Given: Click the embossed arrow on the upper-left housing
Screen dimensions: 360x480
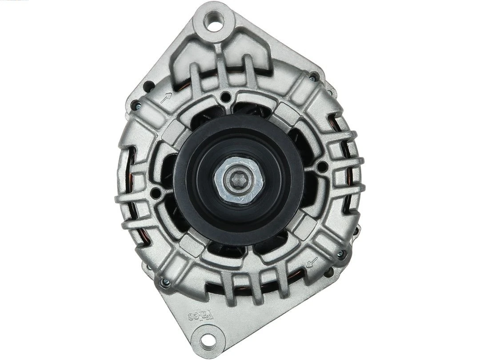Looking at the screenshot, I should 167,97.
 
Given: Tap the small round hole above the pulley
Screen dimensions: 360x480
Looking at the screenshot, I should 226,97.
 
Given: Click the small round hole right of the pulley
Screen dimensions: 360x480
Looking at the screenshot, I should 322,168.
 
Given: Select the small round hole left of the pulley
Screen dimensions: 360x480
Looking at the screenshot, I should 156,193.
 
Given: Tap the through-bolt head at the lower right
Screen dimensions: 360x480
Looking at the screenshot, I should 341,255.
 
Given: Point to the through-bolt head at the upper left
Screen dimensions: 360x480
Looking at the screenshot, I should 136,106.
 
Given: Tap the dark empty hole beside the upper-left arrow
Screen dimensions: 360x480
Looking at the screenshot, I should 149,85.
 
